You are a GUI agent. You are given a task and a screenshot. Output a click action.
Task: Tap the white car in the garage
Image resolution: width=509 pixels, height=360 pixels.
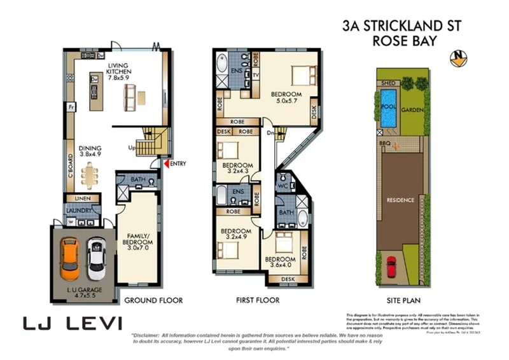coord(96,259)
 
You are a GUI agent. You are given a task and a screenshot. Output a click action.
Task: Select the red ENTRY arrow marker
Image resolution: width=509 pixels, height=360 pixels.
coord(167,164)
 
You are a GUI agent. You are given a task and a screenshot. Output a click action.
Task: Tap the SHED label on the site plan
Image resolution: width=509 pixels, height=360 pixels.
coord(386,83)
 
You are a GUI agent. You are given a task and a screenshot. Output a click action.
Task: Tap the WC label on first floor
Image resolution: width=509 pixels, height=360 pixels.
coord(284,186)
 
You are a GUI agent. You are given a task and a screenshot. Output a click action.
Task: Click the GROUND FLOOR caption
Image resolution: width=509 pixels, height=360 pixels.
coord(153,300)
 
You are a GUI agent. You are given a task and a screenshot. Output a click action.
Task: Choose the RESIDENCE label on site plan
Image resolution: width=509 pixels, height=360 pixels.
coord(401,200)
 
